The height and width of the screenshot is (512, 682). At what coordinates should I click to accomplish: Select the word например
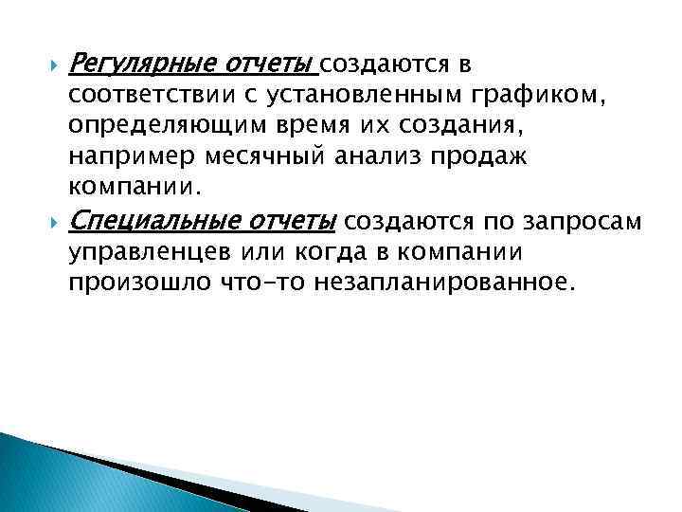(124, 155)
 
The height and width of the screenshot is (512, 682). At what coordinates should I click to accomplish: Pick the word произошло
(130, 282)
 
